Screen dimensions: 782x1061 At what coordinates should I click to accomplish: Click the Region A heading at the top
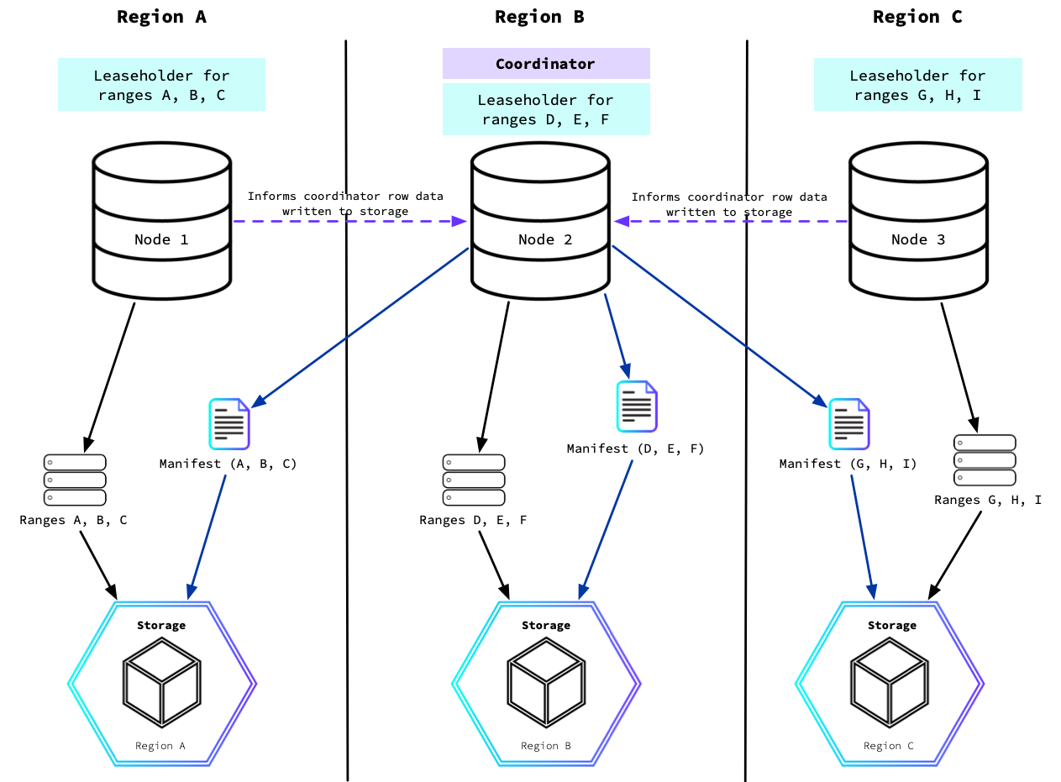pyautogui.click(x=161, y=17)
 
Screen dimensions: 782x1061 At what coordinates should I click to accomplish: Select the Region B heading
pyautogui.click(x=539, y=17)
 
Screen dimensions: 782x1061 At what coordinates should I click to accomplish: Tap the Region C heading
pyautogui.click(x=917, y=17)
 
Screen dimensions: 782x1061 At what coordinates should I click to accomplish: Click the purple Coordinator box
pyautogui.click(x=545, y=64)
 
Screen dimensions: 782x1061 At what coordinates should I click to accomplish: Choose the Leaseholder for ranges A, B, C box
pyautogui.click(x=161, y=85)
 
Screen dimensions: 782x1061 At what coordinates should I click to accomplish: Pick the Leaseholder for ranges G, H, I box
pyautogui.click(x=917, y=85)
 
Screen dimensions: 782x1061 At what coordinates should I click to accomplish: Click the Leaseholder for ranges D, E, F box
pyautogui.click(x=545, y=109)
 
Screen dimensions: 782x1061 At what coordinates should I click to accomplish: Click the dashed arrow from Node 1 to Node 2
pyautogui.click(x=349, y=221)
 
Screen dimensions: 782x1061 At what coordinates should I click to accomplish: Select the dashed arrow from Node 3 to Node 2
pyautogui.click(x=731, y=221)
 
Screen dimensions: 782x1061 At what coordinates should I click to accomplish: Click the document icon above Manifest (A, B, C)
pyautogui.click(x=229, y=423)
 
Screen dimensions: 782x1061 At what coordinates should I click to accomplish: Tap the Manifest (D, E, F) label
pyautogui.click(x=635, y=449)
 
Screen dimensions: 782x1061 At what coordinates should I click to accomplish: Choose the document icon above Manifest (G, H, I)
pyautogui.click(x=849, y=423)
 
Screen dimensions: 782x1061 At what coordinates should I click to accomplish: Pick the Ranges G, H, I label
pyautogui.click(x=987, y=500)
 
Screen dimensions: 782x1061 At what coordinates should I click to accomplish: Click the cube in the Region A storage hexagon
pyautogui.click(x=161, y=682)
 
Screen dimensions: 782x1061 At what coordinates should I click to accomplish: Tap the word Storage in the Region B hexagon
pyautogui.click(x=545, y=625)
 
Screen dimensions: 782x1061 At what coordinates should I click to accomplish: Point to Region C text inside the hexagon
pyautogui.click(x=888, y=746)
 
